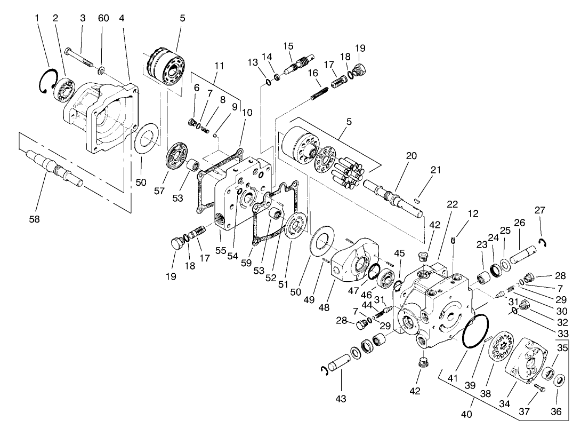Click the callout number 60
pyautogui.click(x=103, y=18)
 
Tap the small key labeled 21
pyautogui.click(x=418, y=201)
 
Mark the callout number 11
pyautogui.click(x=219, y=66)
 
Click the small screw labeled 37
pyautogui.click(x=539, y=389)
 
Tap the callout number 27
pyautogui.click(x=539, y=210)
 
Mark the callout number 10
pyautogui.click(x=246, y=113)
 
